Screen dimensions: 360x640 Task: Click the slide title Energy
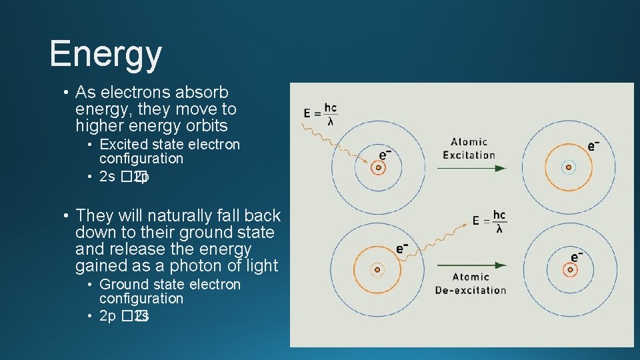tap(105, 53)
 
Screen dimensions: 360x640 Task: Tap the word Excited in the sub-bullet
tap(123, 145)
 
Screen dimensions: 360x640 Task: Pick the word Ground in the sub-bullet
tap(124, 285)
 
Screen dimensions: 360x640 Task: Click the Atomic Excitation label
tap(469, 148)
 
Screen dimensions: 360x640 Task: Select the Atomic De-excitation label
tap(470, 283)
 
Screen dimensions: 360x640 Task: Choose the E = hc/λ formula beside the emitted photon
tap(490, 221)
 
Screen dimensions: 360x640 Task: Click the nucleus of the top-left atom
tap(377, 168)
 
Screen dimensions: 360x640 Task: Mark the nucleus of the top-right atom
tap(568, 168)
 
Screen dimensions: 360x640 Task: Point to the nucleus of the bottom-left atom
tap(377, 270)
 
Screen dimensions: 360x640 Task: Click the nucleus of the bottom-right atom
tap(569, 270)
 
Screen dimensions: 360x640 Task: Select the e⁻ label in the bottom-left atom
tap(402, 248)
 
